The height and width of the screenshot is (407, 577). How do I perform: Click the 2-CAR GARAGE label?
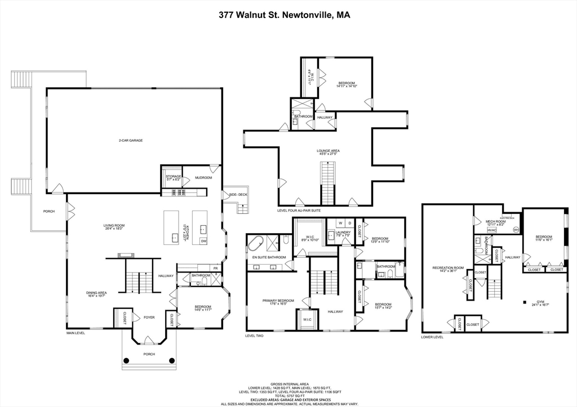coord(130,140)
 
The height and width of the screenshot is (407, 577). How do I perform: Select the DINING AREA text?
coord(96,293)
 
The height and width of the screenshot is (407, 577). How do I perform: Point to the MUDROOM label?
coord(203,177)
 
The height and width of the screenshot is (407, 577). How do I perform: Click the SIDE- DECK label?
coord(238,195)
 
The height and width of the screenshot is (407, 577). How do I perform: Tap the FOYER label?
coord(149,317)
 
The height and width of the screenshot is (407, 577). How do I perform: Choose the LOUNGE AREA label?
coord(327,151)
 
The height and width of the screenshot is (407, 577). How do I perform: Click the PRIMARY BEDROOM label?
coord(278,301)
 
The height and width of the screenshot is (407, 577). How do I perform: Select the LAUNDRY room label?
coord(343,232)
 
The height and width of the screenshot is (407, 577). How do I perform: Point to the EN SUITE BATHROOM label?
coord(269,257)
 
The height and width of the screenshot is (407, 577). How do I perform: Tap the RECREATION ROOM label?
coord(447,267)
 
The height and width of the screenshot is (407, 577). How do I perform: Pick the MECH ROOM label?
coord(496,222)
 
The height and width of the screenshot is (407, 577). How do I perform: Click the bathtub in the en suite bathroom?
coord(256,244)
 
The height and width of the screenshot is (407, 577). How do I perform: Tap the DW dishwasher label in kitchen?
coord(203,241)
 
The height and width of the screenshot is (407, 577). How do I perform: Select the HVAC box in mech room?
coord(492,230)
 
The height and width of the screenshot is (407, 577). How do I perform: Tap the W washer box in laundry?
coord(340,223)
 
